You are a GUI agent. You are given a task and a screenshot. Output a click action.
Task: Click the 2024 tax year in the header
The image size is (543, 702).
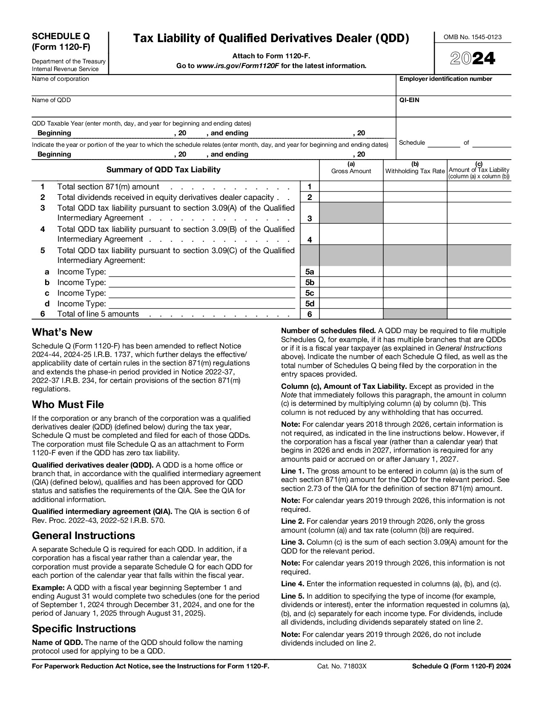473,59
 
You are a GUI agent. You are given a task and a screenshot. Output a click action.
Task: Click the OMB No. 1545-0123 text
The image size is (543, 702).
473,37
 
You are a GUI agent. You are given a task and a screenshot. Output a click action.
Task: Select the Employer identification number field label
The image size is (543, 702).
445,79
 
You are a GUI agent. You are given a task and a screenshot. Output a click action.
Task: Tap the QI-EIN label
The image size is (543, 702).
409,100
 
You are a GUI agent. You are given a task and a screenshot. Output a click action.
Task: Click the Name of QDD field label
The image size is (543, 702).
51,100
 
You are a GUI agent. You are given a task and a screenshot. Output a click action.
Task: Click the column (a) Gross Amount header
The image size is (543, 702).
351,168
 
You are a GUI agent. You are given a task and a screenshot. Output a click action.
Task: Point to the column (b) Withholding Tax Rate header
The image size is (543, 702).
415,168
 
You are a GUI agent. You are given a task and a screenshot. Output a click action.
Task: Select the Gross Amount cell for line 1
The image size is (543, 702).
351,186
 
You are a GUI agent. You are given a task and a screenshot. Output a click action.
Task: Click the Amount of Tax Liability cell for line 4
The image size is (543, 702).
479,234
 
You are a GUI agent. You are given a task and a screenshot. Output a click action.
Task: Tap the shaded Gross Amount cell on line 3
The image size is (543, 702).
351,213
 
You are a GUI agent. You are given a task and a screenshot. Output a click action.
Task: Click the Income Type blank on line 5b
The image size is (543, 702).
202,283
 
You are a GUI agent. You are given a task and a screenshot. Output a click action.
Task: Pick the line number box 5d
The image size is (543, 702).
310,304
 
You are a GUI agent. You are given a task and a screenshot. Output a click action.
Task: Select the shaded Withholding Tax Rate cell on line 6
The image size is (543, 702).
415,314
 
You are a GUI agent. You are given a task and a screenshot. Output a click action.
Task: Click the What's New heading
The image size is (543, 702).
62,332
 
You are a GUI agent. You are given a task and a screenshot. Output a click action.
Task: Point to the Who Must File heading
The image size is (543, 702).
68,405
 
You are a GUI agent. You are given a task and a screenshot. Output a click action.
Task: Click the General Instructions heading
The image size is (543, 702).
83,536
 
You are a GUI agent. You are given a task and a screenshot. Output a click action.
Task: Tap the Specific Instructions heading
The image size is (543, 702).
84,629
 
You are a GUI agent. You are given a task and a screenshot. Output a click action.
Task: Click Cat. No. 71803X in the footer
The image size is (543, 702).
342,667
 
